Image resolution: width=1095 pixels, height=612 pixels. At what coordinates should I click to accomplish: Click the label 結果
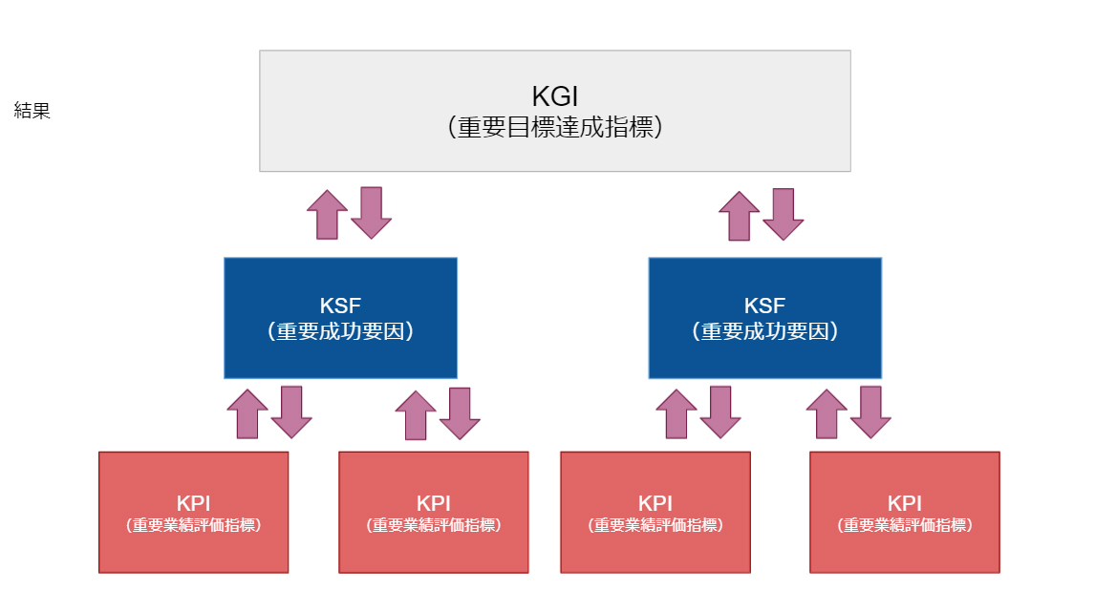coord(32,111)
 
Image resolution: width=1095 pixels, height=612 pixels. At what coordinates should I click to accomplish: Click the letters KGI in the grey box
coord(554,97)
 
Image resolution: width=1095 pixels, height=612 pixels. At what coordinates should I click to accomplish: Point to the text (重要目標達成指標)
coord(554,127)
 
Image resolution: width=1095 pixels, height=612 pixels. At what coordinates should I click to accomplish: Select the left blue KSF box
coord(340,318)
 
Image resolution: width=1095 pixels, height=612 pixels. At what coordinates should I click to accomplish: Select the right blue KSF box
coord(764,318)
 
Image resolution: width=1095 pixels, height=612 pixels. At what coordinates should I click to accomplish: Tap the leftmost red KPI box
coord(193,513)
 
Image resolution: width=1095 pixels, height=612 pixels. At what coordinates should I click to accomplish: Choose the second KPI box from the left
coord(433,513)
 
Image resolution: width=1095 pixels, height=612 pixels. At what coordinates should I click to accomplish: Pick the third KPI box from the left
coord(655,513)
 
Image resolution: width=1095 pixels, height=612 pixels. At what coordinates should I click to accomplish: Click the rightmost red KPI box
coord(904,513)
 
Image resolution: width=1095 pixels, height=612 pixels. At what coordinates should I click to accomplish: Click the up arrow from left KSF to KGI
coord(328,215)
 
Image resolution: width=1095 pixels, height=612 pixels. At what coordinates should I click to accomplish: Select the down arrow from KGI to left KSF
coord(371,212)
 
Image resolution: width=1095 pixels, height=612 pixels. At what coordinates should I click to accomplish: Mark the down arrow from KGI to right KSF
coord(783,212)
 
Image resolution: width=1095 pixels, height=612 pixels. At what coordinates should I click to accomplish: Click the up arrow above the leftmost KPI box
coord(248,414)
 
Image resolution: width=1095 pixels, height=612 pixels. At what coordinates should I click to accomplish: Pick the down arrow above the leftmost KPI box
coord(291,412)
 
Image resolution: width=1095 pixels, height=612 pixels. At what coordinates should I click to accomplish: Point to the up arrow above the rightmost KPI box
coord(827,414)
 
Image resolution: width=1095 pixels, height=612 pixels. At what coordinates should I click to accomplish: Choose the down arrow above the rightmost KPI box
coord(870,412)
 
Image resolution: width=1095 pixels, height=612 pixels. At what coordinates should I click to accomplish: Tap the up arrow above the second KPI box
coord(416,415)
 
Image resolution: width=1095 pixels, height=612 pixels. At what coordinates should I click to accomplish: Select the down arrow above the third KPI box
coord(720,412)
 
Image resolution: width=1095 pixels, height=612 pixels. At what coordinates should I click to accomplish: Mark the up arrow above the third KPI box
coord(676,414)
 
